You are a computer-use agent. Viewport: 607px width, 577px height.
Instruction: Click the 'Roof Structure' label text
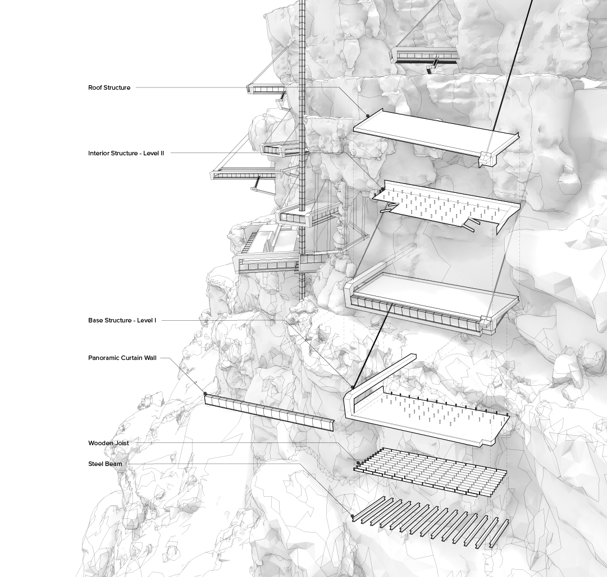109,87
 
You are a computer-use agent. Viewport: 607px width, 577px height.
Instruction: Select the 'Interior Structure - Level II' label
126,153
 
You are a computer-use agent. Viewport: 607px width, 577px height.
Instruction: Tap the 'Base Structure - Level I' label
122,320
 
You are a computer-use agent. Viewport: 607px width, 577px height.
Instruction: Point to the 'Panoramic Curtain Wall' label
122,358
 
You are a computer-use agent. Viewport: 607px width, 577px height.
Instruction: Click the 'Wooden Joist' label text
108,443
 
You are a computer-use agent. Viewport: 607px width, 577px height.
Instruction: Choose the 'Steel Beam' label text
105,464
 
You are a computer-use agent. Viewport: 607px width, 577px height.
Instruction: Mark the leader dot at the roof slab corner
368,116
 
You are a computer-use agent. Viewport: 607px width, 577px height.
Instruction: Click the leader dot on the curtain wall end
206,394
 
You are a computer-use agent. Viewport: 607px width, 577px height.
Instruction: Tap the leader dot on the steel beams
353,516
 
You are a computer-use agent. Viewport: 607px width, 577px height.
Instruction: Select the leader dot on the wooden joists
358,463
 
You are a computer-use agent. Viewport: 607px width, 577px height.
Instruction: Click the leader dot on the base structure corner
353,387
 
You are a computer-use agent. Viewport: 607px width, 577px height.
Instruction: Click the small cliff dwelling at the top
424,56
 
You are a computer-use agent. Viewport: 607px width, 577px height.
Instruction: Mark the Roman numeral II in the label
162,153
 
